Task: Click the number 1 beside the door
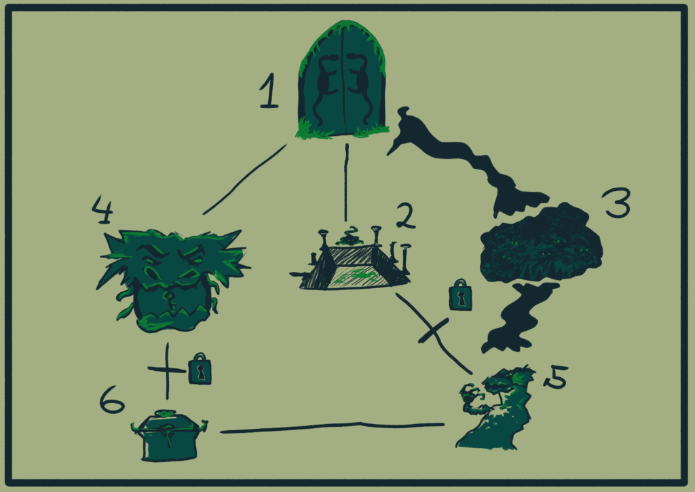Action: pyautogui.click(x=269, y=91)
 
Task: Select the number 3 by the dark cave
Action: pyautogui.click(x=617, y=203)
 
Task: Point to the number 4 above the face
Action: pyautogui.click(x=103, y=210)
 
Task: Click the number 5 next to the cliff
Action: pyautogui.click(x=556, y=378)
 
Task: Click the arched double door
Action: pyautogui.click(x=343, y=80)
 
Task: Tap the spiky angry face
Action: pyautogui.click(x=172, y=279)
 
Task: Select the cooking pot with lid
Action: pyautogui.click(x=169, y=436)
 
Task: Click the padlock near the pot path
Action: pyautogui.click(x=200, y=369)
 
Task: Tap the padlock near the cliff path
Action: pyautogui.click(x=461, y=295)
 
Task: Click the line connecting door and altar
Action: pyautogui.click(x=346, y=182)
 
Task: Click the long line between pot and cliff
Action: pyautogui.click(x=333, y=427)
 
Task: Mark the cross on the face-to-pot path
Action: pyautogui.click(x=167, y=370)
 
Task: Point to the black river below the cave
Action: pyautogui.click(x=519, y=317)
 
